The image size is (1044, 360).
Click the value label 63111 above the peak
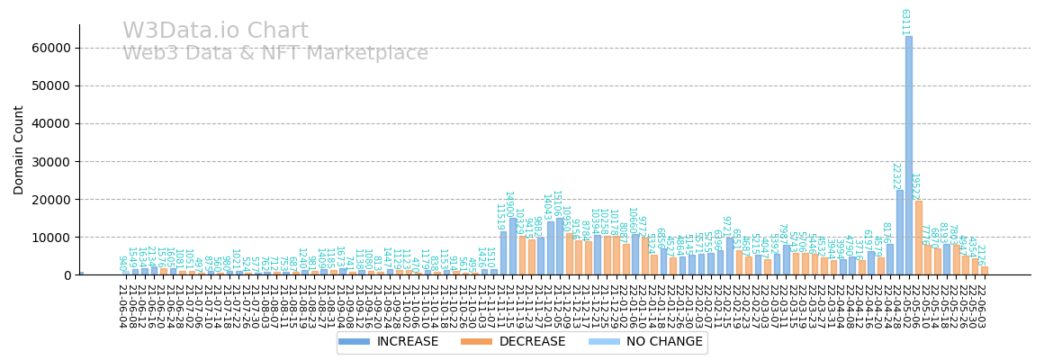(x=904, y=22)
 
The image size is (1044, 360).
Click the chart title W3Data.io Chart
(x=215, y=31)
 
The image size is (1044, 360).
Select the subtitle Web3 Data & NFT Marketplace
(x=275, y=54)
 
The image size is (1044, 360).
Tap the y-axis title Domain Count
(x=19, y=149)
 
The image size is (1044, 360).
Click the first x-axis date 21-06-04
(x=121, y=306)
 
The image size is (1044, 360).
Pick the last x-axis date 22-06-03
(x=981, y=306)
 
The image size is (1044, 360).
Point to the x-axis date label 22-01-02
(x=623, y=306)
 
